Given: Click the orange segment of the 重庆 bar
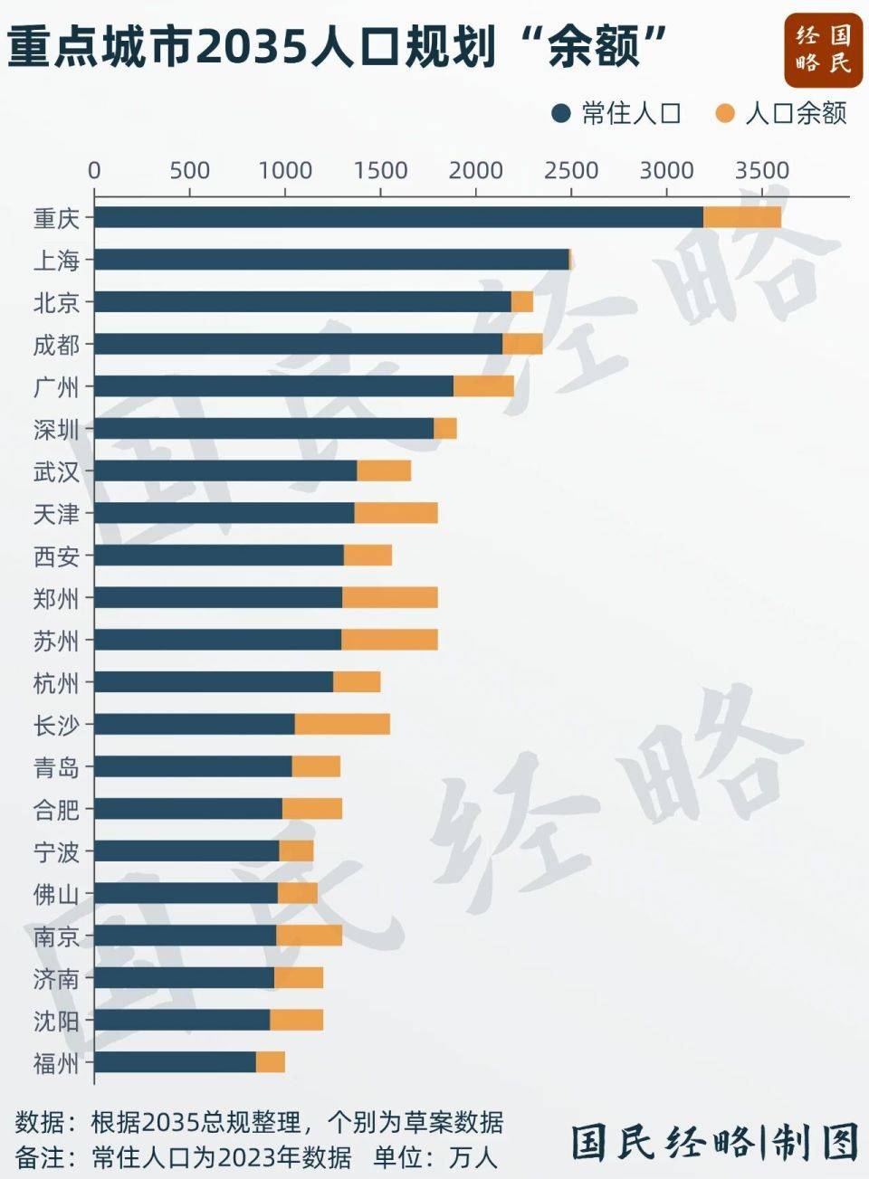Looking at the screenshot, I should pos(741,217).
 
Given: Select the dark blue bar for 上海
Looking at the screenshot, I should pos(331,260).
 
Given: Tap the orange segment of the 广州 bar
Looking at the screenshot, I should pos(483,386).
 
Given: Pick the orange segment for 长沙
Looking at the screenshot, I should pos(342,724).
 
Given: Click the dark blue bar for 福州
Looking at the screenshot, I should pos(176,1062).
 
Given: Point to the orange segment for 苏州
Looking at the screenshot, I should pos(389,640).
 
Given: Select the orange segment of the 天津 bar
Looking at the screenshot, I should pos(396,513).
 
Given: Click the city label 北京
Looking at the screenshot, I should pos(56,303).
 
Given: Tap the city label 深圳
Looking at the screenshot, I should pos(56,430).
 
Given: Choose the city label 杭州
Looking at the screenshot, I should pos(56,683).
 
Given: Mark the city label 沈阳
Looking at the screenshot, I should pos(56,1021).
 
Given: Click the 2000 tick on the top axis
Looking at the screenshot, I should pos(475,171).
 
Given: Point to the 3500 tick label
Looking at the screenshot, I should pos(761,171).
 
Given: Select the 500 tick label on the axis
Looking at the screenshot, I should pos(189,171).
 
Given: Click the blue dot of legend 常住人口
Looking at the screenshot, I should pos(561,113).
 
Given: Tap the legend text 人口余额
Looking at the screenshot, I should pos(796,113).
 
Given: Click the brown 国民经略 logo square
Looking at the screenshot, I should pos(823,49).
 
